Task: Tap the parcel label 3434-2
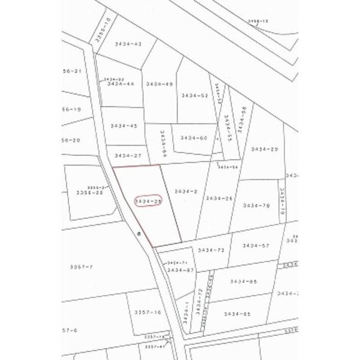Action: [x=186, y=191]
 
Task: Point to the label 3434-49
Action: [x=160, y=84]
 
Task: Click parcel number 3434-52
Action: [x=194, y=95]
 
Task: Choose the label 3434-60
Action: [x=193, y=137]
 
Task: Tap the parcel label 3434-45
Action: [x=124, y=126]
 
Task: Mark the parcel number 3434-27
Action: [x=127, y=155]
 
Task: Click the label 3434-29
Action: [x=265, y=149]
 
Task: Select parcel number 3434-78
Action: [x=256, y=205]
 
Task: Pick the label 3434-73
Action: [x=210, y=250]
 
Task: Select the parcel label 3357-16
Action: [x=148, y=312]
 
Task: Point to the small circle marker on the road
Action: [x=139, y=233]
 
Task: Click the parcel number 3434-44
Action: [x=121, y=84]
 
